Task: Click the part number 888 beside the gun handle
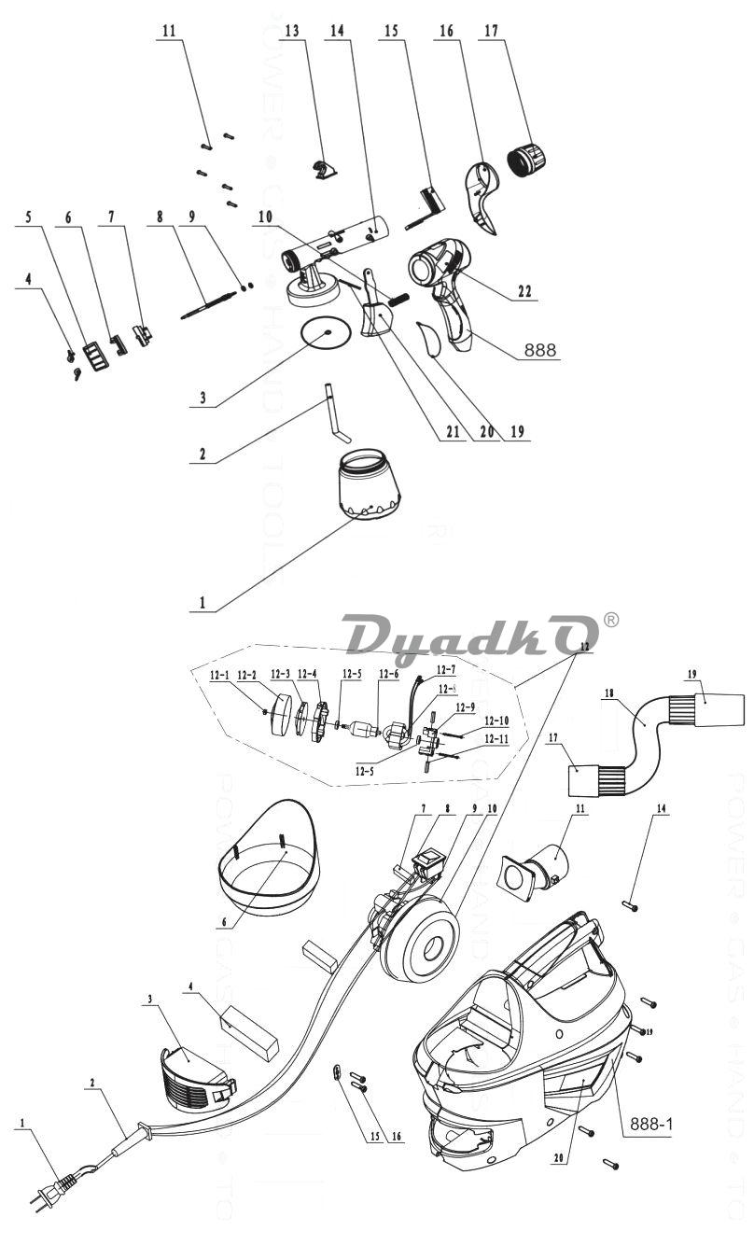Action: pyautogui.click(x=539, y=350)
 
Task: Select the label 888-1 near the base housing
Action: pyautogui.click(x=649, y=1124)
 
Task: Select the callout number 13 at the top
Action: pyautogui.click(x=292, y=31)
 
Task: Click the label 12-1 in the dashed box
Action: pyautogui.click(x=221, y=674)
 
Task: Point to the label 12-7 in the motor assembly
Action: pyautogui.click(x=446, y=670)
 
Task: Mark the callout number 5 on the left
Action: pyautogui.click(x=28, y=217)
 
